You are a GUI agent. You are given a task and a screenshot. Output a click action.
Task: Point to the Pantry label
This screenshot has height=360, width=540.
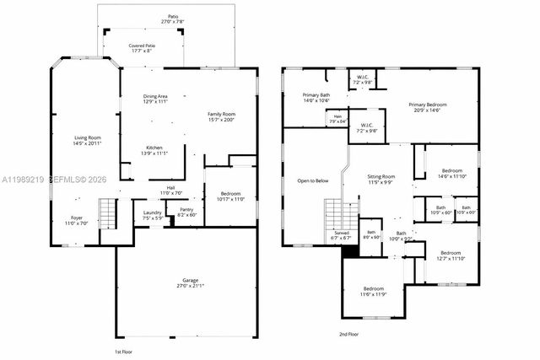pyautogui.click(x=186, y=212)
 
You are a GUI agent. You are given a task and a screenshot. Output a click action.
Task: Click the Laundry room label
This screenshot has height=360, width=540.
pyautogui.click(x=152, y=215)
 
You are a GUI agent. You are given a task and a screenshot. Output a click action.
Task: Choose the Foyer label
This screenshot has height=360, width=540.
pyautogui.click(x=77, y=220)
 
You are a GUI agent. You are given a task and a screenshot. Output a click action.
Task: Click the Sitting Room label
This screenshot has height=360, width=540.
pyautogui.click(x=381, y=180)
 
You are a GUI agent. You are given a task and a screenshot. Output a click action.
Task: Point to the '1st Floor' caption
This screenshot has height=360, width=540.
pyautogui.click(x=123, y=351)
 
